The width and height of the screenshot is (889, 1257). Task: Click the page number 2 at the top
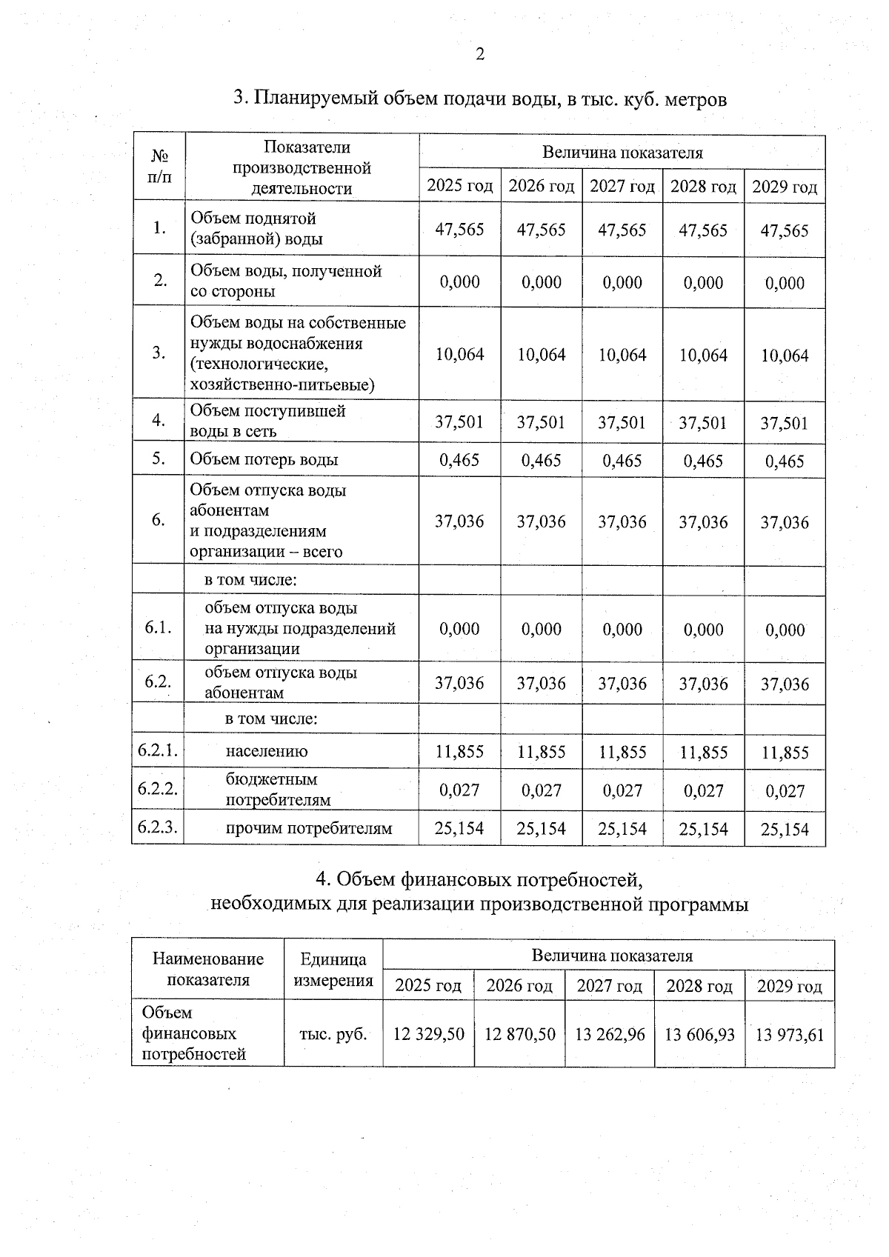click(x=480, y=54)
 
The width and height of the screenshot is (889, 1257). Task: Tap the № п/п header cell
click(x=159, y=167)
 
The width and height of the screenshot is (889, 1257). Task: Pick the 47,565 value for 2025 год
click(x=459, y=230)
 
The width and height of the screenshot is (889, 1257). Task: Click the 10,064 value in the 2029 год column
click(x=785, y=356)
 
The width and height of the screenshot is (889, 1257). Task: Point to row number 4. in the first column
click(x=159, y=420)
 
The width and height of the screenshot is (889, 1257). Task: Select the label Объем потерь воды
click(x=264, y=459)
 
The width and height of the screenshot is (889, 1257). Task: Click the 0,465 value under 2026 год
click(x=541, y=460)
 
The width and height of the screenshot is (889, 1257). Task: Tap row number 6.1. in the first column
click(x=159, y=627)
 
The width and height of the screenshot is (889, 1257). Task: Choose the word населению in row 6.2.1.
click(x=267, y=751)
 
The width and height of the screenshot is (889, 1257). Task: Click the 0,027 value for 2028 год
click(x=703, y=790)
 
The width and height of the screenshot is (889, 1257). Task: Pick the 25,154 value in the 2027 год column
click(x=622, y=829)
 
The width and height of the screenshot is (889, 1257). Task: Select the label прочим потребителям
click(x=308, y=828)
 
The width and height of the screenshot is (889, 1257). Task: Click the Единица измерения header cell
click(x=333, y=970)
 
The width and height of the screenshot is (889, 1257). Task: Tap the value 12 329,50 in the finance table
click(x=428, y=1034)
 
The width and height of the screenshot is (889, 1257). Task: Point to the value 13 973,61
click(x=789, y=1035)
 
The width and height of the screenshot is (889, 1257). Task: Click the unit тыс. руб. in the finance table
click(x=333, y=1034)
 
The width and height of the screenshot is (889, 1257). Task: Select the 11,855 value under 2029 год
click(x=785, y=753)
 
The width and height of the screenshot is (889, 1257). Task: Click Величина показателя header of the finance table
click(x=612, y=956)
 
